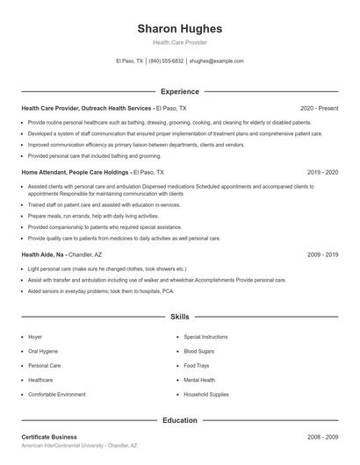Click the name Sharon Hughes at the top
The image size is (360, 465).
pyautogui.click(x=180, y=28)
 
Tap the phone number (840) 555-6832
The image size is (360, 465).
pyautogui.click(x=167, y=61)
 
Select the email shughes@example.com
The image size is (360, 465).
pyautogui.click(x=216, y=61)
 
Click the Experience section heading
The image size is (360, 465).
pyautogui.click(x=180, y=91)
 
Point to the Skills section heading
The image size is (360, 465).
pyautogui.click(x=180, y=316)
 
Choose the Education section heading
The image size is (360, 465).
pyautogui.click(x=180, y=420)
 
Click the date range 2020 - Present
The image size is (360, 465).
pyautogui.click(x=319, y=108)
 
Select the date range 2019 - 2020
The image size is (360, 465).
pyautogui.click(x=322, y=173)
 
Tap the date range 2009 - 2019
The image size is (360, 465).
pyautogui.click(x=322, y=254)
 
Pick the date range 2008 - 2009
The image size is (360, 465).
pyautogui.click(x=322, y=437)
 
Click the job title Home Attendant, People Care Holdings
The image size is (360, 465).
pyautogui.click(x=76, y=173)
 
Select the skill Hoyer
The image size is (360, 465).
pyautogui.click(x=35, y=336)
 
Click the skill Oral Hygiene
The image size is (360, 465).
pyautogui.click(x=43, y=351)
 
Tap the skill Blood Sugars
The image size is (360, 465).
pyautogui.click(x=199, y=351)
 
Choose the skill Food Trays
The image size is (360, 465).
pyautogui.click(x=196, y=365)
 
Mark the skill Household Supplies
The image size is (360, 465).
pyautogui.click(x=206, y=394)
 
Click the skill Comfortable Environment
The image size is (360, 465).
pyautogui.click(x=57, y=394)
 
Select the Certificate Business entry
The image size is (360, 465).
pyautogui.click(x=49, y=437)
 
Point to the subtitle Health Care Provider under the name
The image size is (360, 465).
pyautogui.click(x=180, y=42)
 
